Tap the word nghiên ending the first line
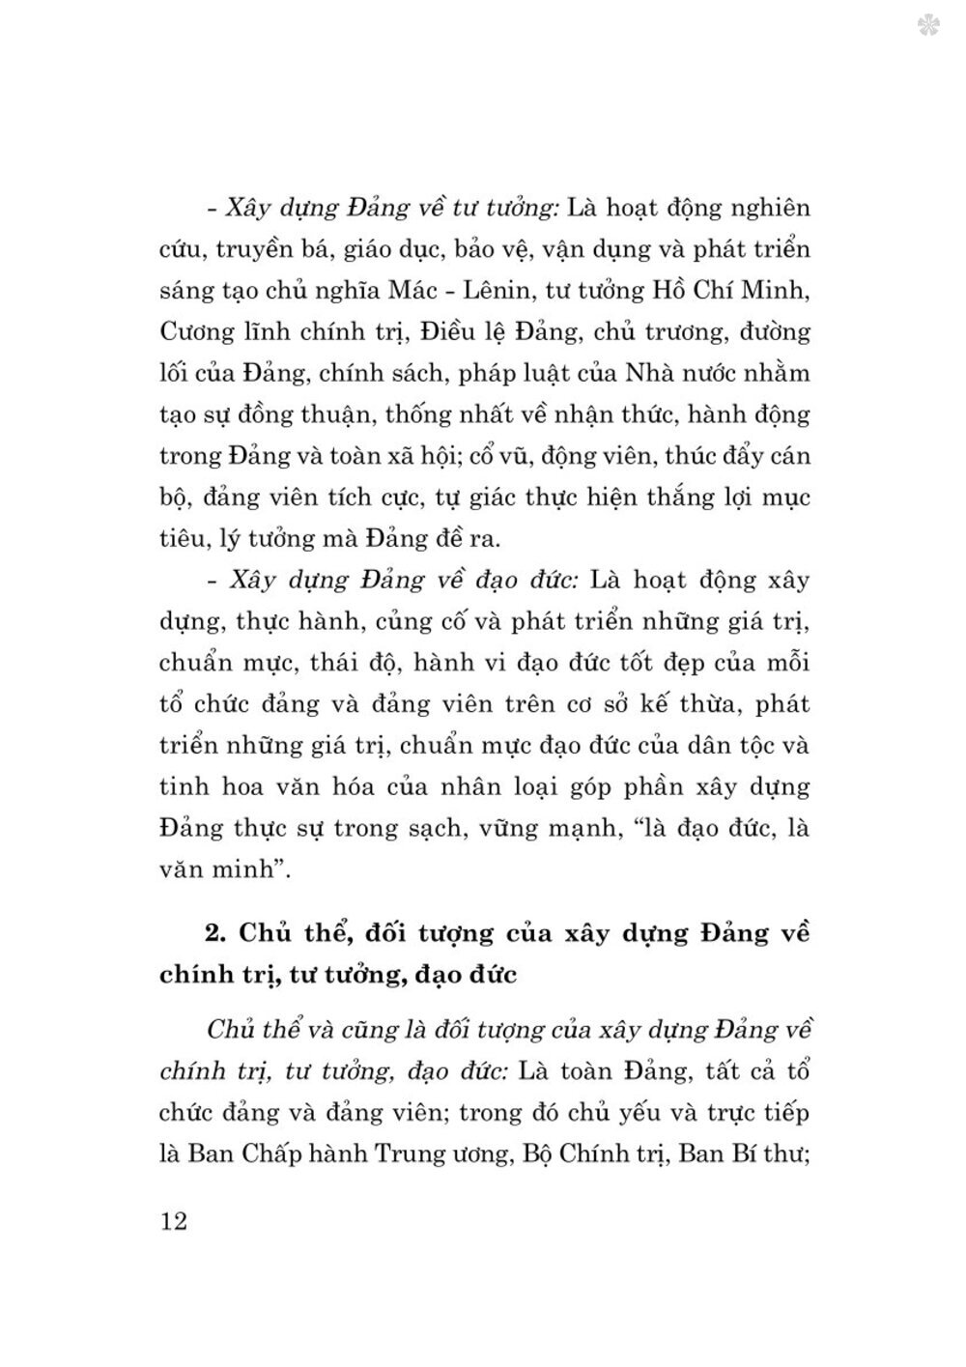(765, 209)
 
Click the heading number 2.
(214, 934)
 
